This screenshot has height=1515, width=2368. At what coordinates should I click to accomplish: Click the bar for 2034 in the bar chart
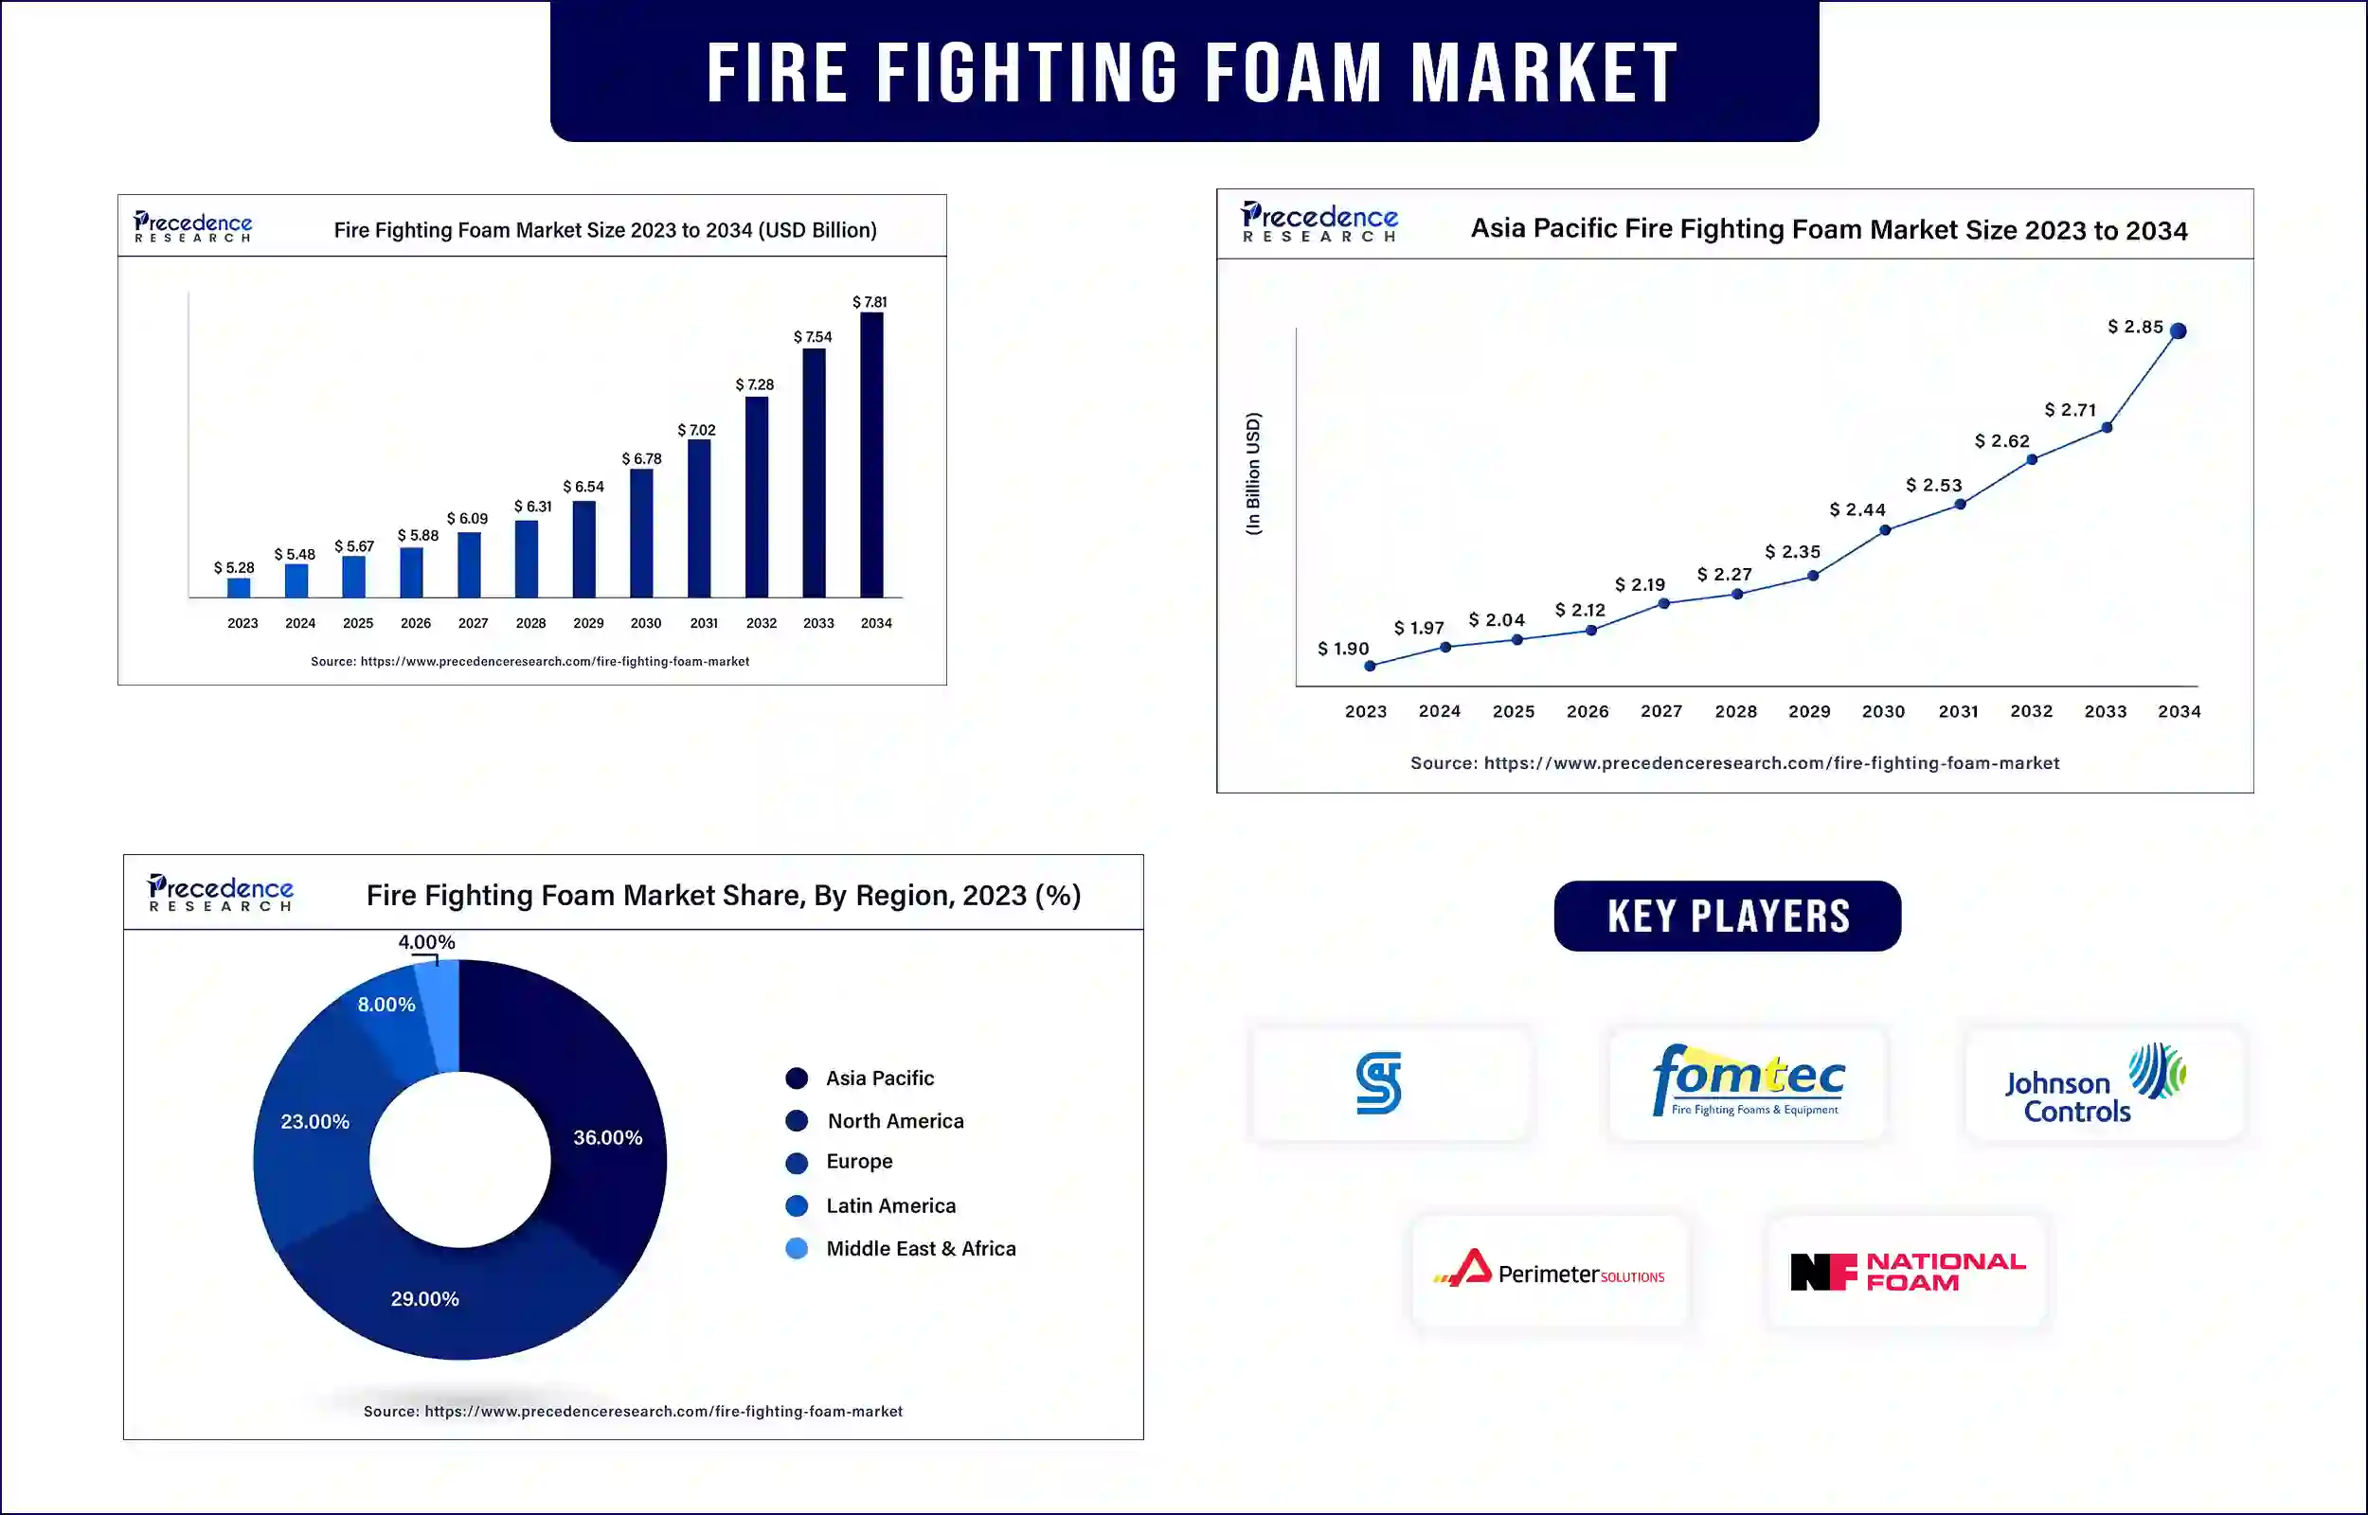[x=871, y=454]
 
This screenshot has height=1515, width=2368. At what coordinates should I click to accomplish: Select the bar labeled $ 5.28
[x=238, y=587]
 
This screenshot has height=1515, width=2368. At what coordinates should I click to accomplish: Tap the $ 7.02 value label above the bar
[x=696, y=430]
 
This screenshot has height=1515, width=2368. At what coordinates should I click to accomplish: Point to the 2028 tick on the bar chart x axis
[x=531, y=623]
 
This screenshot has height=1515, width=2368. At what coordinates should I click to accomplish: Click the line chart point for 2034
[x=2179, y=330]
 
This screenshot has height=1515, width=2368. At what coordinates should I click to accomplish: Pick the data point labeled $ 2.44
[x=1885, y=530]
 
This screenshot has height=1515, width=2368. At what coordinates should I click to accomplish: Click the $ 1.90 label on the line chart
[x=1343, y=649]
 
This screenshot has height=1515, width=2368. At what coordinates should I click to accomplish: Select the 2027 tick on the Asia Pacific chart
[x=1661, y=711]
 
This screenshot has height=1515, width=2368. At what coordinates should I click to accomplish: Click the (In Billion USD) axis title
[x=1252, y=473]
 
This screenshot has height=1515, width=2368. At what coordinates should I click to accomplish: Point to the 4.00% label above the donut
[x=426, y=942]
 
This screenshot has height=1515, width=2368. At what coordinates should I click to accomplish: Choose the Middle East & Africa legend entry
[x=901, y=1248]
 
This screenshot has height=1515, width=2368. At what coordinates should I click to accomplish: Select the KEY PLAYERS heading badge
[x=1728, y=916]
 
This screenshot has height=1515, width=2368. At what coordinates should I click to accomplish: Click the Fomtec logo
[x=1749, y=1081]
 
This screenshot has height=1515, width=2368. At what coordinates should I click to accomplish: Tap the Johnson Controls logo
[x=2095, y=1083]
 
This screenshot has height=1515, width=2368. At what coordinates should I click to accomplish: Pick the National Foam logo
[x=1908, y=1271]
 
